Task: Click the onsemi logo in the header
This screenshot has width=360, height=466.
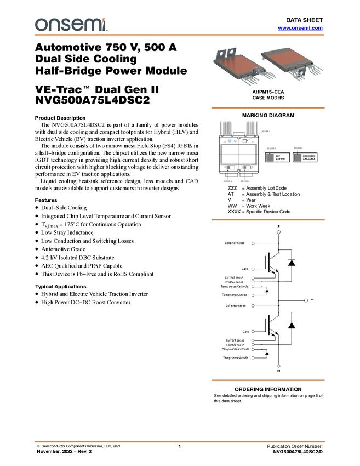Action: click(x=71, y=25)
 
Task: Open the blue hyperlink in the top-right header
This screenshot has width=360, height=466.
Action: click(x=300, y=27)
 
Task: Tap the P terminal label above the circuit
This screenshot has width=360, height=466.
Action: click(x=279, y=226)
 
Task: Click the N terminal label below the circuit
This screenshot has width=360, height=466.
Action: click(x=279, y=371)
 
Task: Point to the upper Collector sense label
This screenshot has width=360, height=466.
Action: click(x=235, y=243)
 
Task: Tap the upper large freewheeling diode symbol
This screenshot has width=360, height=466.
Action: click(x=292, y=263)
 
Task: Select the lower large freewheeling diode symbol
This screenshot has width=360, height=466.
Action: click(x=292, y=325)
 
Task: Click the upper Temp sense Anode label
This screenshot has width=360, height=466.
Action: click(x=235, y=295)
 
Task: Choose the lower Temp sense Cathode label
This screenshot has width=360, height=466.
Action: click(x=235, y=349)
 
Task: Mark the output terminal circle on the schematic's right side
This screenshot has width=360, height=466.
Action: click(x=306, y=300)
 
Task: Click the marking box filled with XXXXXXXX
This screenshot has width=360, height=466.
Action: click(x=305, y=157)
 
